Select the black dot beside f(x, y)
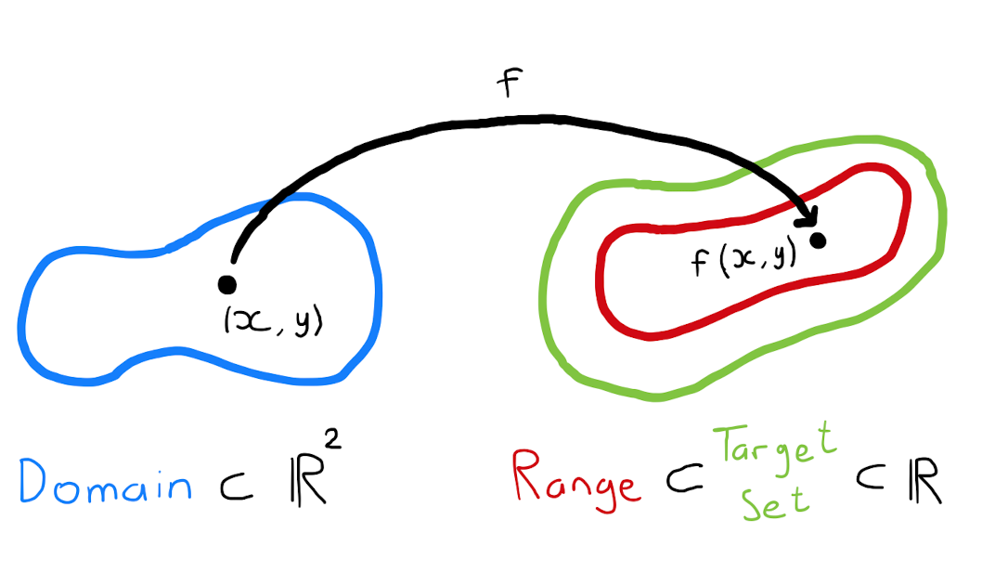(818, 240)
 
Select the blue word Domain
(104, 482)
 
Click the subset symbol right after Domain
(229, 485)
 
